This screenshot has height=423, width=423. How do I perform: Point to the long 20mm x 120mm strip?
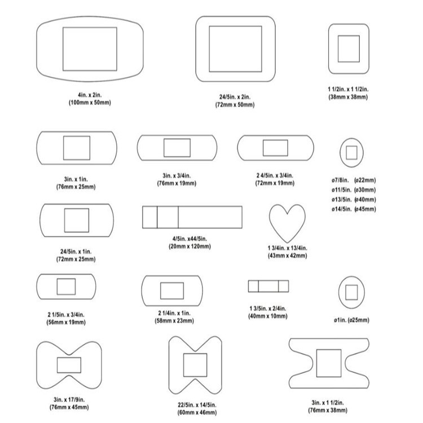pyautogui.click(x=192, y=217)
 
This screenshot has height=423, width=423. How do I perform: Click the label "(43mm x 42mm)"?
pyautogui.click(x=287, y=255)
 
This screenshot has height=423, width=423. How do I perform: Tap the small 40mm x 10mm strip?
pyautogui.click(x=268, y=287)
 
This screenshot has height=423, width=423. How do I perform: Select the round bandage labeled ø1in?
pyautogui.click(x=351, y=292)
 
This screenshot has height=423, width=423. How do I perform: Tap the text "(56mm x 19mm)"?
pyautogui.click(x=65, y=322)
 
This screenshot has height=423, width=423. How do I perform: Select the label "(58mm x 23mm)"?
pyautogui.click(x=174, y=320)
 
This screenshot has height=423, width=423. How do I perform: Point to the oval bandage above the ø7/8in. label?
pyautogui.click(x=351, y=152)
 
